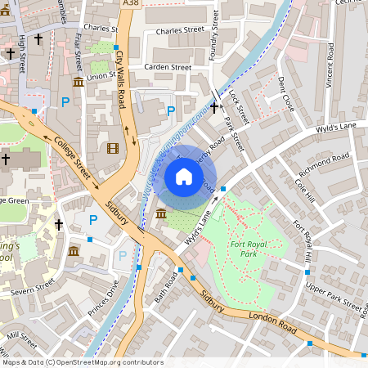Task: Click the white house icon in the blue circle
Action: [184, 176]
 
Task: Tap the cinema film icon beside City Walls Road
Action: [112, 147]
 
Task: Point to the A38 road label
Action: [129, 4]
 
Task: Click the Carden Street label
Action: [167, 67]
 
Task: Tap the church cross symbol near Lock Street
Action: [213, 107]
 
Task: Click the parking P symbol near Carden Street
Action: [171, 110]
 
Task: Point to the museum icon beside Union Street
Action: [78, 82]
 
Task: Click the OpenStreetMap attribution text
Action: [82, 361]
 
